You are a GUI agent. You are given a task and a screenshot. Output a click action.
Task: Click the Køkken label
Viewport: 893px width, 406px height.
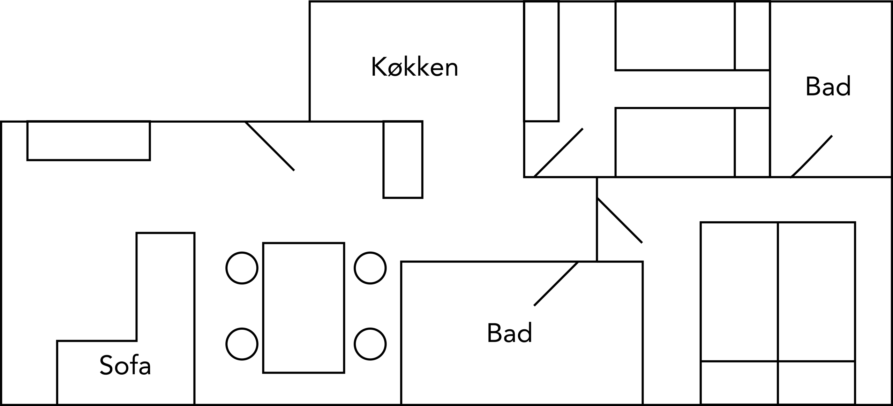(414, 67)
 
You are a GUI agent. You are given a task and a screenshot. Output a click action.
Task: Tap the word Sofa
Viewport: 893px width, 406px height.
(125, 365)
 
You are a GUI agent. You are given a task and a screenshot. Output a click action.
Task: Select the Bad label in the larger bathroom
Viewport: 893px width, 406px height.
(509, 333)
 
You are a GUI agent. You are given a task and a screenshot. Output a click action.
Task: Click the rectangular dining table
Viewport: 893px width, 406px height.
(303, 308)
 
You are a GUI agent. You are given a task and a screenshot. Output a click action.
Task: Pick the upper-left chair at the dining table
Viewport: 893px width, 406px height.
(242, 268)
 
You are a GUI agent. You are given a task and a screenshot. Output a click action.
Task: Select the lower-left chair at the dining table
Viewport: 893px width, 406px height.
(242, 344)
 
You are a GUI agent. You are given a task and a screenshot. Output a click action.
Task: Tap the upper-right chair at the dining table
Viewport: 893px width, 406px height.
(370, 268)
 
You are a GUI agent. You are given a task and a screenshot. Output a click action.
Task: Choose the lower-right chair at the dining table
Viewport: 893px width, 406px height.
(370, 344)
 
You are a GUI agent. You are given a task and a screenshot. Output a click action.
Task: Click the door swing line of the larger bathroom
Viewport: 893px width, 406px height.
(556, 284)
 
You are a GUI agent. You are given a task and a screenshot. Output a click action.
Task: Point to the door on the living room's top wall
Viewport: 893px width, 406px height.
(270, 146)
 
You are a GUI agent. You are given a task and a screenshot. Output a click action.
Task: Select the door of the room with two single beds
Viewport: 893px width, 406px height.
(558, 153)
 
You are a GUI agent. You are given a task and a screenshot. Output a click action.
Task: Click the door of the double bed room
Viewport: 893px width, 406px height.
(620, 220)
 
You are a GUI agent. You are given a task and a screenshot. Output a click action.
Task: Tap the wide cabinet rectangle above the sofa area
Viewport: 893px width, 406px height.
(89, 140)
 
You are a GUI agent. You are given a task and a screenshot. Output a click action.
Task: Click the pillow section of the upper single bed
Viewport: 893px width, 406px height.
(752, 36)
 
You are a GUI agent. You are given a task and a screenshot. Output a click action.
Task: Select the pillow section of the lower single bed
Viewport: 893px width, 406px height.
(752, 143)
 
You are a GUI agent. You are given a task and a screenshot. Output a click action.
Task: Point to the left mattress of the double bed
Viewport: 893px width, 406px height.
(739, 291)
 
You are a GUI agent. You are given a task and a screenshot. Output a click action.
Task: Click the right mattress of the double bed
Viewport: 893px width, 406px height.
(816, 291)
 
